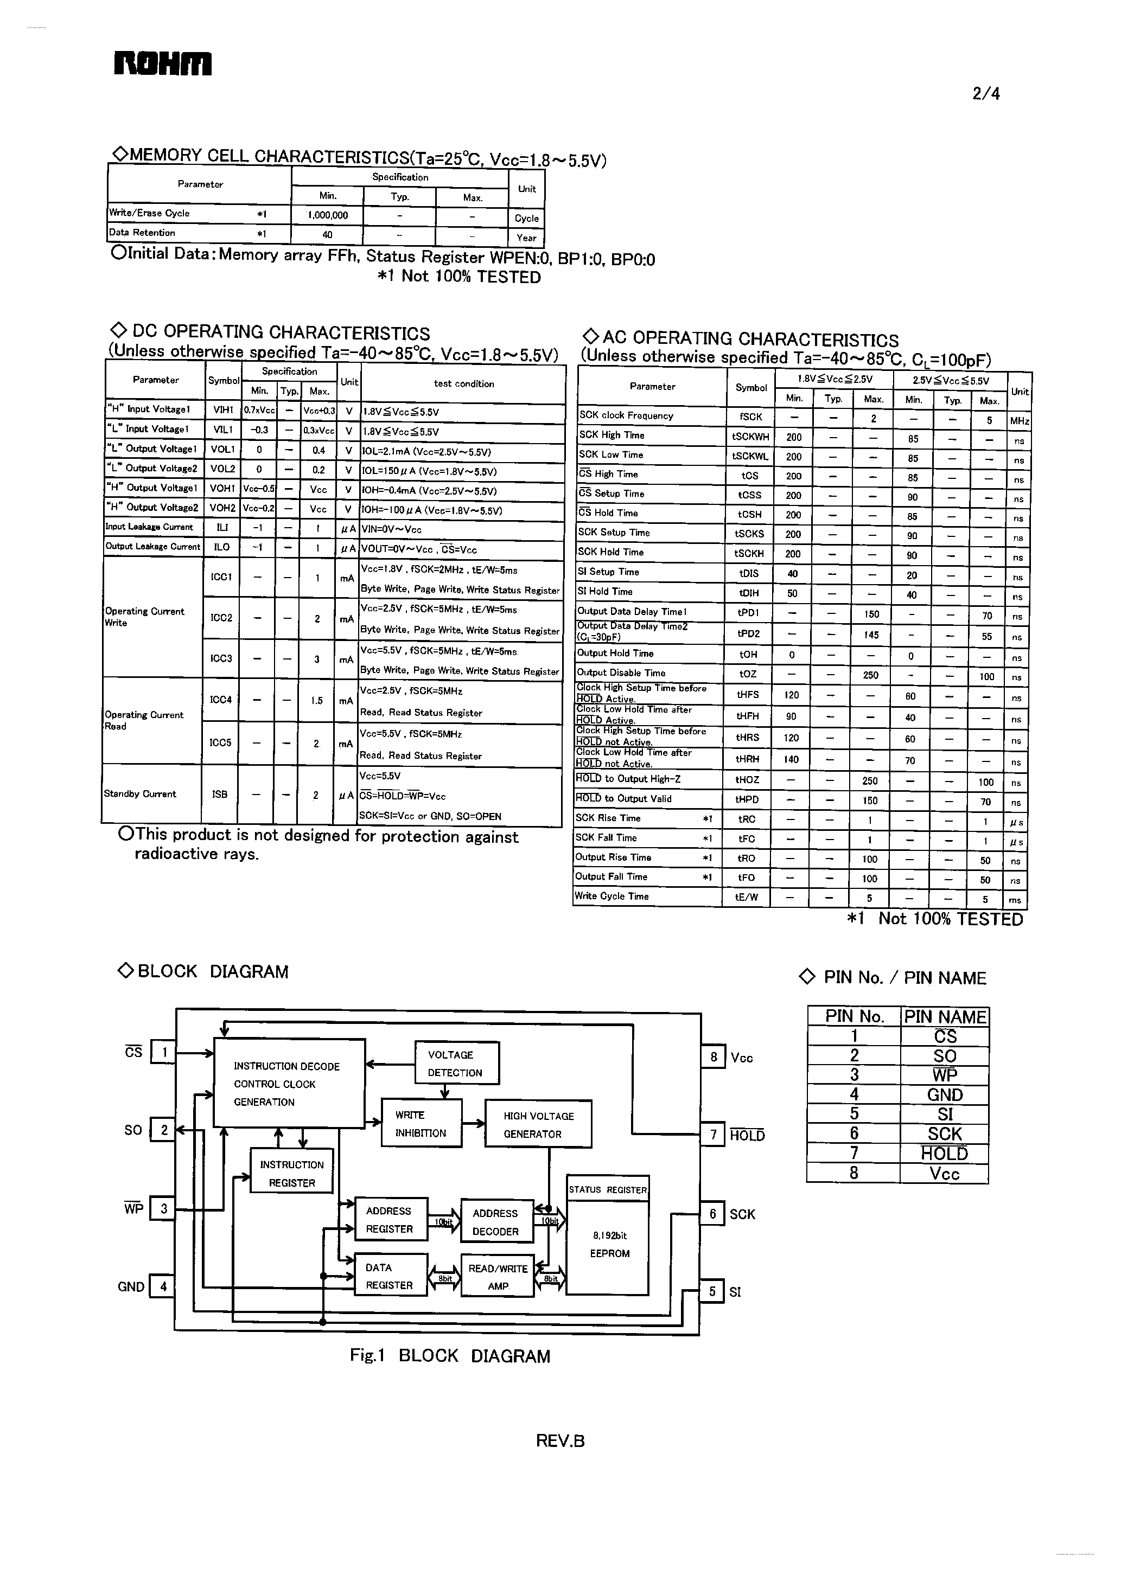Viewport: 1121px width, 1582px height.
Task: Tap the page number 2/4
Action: point(985,93)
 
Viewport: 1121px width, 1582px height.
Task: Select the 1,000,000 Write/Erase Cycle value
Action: point(327,215)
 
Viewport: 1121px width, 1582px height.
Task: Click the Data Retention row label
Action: point(142,233)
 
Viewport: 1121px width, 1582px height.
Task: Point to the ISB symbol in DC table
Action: point(220,794)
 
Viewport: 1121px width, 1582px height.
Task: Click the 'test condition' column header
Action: point(463,383)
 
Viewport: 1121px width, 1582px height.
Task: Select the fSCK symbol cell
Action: point(750,417)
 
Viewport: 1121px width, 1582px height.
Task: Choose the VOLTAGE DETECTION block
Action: point(456,1063)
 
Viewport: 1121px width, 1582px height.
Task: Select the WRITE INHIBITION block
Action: point(421,1123)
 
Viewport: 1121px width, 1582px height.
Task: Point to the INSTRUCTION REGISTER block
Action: point(291,1173)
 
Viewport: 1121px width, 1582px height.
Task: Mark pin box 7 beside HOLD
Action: point(713,1135)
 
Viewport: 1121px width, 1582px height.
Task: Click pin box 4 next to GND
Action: point(163,1286)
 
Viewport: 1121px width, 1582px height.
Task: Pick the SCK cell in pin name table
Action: point(944,1133)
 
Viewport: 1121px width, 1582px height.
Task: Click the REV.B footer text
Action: point(560,1440)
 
